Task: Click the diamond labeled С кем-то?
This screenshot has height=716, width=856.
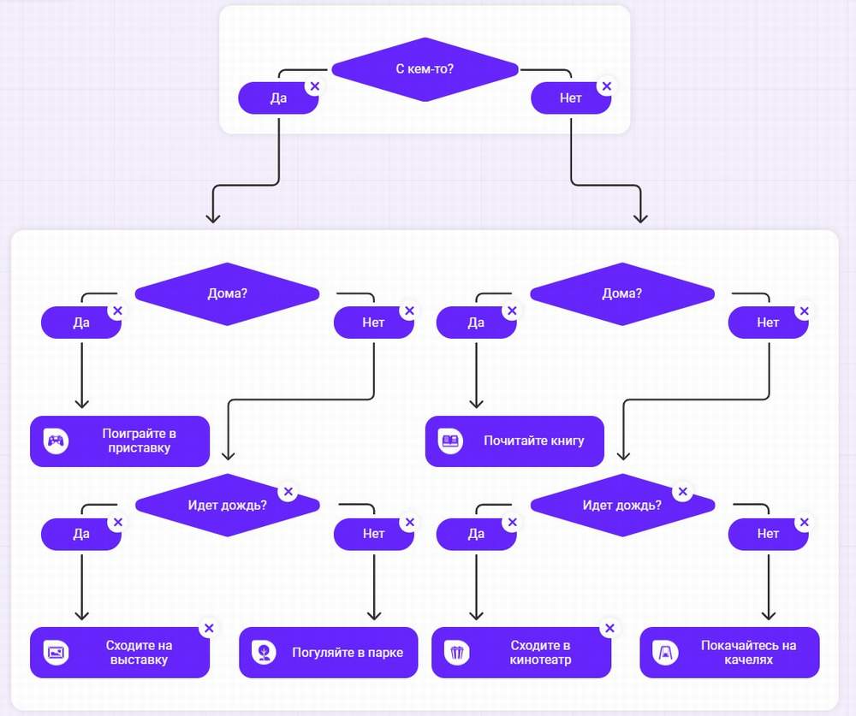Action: coord(425,69)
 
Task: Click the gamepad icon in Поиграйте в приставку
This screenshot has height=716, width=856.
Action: coord(56,441)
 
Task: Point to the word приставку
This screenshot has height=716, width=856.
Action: coord(139,449)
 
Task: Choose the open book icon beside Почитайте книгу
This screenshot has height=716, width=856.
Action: coord(450,441)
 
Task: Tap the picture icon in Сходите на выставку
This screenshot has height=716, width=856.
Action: coord(56,653)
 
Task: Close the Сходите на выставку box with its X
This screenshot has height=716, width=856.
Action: coord(209,628)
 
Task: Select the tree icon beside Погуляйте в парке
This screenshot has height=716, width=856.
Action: coord(265,653)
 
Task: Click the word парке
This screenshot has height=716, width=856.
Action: coord(383,653)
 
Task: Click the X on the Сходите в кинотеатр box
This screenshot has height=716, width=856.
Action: coord(609,628)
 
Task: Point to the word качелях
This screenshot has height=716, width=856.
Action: coord(748,660)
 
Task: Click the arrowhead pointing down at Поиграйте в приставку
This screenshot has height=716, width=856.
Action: coord(82,402)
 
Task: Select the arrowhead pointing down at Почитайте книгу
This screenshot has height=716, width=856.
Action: coord(477,402)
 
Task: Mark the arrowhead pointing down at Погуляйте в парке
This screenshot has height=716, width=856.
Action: coord(374,613)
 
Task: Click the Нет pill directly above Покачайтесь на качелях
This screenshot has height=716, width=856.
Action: coord(768,534)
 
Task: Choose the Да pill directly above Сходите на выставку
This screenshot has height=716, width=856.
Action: coord(81,534)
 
